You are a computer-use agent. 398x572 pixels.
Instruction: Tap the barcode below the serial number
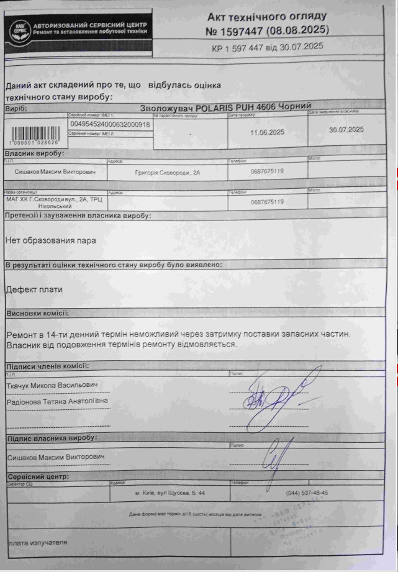click(x=33, y=134)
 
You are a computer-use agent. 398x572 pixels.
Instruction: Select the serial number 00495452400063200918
click(x=111, y=124)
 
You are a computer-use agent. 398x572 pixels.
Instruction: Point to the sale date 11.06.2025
click(x=267, y=132)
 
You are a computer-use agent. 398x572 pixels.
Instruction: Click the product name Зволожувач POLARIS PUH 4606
click(x=225, y=107)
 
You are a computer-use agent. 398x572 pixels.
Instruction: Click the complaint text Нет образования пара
click(x=50, y=240)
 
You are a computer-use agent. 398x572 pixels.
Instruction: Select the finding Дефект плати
click(x=34, y=289)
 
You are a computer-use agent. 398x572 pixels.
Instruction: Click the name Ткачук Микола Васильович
click(x=52, y=386)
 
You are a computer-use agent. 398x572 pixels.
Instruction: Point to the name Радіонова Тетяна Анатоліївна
click(x=57, y=401)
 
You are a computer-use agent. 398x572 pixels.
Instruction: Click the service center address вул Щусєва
click(x=170, y=493)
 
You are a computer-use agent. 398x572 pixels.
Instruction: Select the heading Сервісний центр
click(x=38, y=476)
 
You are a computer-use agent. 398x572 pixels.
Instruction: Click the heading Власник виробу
click(x=35, y=153)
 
